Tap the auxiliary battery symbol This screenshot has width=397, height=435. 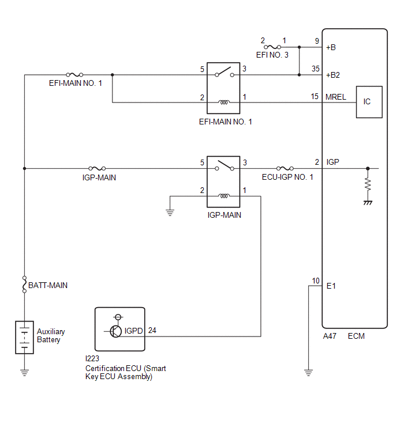coord(24,338)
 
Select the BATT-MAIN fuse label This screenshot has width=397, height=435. coord(48,285)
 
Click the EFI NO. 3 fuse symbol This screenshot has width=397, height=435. coord(272,47)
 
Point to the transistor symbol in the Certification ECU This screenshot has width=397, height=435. coord(115,331)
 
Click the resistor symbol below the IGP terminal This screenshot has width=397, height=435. coord(368,185)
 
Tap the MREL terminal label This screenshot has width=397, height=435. coord(336,97)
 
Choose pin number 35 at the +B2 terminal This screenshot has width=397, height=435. coord(315,69)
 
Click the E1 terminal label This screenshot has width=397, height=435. coord(331,286)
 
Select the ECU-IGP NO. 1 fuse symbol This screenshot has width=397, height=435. coord(285,168)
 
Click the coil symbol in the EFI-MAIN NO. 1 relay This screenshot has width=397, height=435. coord(224,103)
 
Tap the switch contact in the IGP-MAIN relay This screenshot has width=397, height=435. coord(224,165)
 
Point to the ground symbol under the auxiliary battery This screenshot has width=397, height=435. coord(24,373)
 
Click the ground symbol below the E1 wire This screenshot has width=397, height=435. coord(308,373)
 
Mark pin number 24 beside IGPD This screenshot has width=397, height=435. coord(152,330)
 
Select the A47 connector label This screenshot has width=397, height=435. coord(329,336)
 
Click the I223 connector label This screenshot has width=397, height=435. coord(92,359)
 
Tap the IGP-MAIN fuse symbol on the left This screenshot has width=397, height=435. coord(97,168)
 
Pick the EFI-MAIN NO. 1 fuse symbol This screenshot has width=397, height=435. coord(74,75)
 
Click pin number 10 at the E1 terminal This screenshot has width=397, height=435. coord(316,281)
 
